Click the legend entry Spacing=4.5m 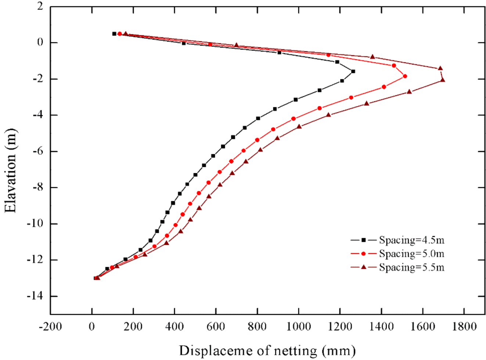(411, 240)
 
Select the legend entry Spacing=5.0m (411, 254)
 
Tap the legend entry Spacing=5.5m (411, 267)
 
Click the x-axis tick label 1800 (464, 326)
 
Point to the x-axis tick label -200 (50, 326)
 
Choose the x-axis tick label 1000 (299, 326)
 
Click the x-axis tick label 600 (216, 326)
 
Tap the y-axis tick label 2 (40, 6)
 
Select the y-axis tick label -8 (37, 188)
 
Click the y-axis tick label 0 (40, 43)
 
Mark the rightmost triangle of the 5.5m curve (443, 80)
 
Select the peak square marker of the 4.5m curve (353, 71)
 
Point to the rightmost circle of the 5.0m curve (405, 76)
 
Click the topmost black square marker (114, 34)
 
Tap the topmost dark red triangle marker (126, 33)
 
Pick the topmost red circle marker (119, 34)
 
